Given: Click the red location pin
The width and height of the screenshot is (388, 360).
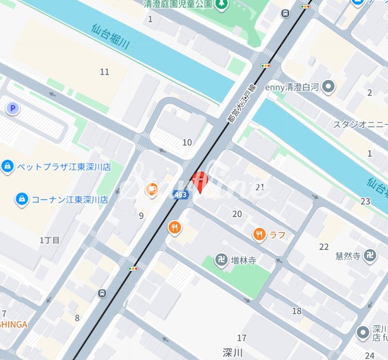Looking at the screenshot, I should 200,181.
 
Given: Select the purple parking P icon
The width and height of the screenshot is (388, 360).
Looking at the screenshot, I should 13,109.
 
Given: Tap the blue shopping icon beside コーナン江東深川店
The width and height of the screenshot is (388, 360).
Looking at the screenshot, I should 22,199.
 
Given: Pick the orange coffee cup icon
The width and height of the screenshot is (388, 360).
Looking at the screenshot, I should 152,189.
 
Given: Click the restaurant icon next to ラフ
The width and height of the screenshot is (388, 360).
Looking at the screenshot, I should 260,234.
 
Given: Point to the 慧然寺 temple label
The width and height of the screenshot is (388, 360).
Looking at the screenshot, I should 348,256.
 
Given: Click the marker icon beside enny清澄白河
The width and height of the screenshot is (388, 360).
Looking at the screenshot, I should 328,87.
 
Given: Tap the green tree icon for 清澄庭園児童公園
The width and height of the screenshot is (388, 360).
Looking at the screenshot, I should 222,4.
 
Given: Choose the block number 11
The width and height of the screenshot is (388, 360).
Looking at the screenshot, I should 104,72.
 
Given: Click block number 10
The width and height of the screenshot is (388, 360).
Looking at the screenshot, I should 187,143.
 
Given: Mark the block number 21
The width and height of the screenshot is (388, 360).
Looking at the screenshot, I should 260,187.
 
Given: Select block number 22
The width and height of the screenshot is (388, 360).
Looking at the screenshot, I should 324,247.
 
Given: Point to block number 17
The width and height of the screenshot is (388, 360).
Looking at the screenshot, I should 242,338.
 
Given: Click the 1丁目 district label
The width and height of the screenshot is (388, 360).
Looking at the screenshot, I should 50,240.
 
